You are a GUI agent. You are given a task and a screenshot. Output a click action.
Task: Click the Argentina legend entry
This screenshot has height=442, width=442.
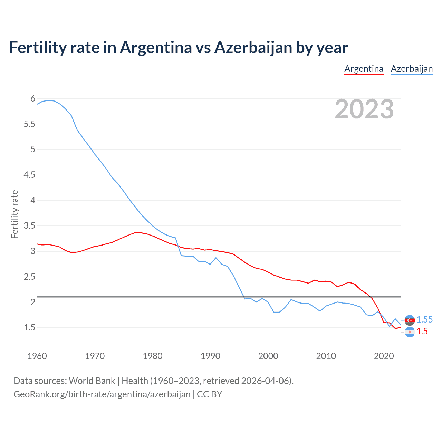point(364,69)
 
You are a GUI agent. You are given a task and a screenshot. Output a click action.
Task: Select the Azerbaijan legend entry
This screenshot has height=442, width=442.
point(412,69)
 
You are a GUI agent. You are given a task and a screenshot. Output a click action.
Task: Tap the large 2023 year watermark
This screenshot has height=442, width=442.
point(364,109)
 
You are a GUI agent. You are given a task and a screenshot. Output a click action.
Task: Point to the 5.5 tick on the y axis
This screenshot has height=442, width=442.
point(29,124)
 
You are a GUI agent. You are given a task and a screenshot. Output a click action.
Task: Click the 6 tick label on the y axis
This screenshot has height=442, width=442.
point(33,99)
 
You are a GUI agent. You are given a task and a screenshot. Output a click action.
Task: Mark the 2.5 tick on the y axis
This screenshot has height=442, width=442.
point(29,277)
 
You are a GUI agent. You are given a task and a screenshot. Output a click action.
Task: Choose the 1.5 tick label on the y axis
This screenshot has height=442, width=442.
point(29,327)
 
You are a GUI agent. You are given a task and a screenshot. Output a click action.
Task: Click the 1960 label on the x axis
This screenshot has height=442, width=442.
point(37,356)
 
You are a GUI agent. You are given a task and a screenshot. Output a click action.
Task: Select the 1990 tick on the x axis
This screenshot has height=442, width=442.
point(210,356)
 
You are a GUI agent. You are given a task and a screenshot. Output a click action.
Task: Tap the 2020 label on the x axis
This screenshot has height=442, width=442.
point(384,356)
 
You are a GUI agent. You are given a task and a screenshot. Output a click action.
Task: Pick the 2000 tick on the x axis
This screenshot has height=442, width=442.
point(268,356)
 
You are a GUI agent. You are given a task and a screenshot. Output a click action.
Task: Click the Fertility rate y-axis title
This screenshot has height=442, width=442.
point(15,214)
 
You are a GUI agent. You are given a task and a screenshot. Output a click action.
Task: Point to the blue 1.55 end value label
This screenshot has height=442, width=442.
point(424,320)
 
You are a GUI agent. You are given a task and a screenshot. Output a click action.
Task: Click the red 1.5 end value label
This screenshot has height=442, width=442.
point(422,331)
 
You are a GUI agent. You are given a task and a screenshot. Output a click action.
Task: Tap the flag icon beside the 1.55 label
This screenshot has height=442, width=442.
point(410,320)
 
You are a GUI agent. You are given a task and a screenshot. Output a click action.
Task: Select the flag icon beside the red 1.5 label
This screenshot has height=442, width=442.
point(410,332)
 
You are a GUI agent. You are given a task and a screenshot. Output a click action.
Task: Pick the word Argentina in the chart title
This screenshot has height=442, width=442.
point(156,47)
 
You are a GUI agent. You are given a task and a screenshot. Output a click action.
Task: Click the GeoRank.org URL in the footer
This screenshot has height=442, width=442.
point(102,394)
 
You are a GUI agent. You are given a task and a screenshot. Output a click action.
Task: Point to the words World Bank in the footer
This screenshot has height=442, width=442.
point(92,381)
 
